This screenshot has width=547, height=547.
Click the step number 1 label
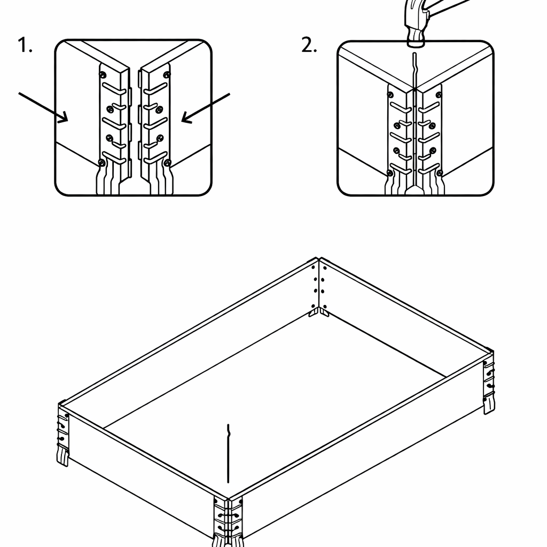[25, 46]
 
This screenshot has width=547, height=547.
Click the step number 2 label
[308, 46]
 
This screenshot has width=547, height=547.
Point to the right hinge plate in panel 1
[155, 123]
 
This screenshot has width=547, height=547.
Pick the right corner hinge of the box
[489, 379]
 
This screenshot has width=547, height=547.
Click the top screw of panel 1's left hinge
[103, 74]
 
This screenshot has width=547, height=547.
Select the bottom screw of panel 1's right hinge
[167, 162]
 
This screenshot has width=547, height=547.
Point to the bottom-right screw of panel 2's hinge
[439, 173]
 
